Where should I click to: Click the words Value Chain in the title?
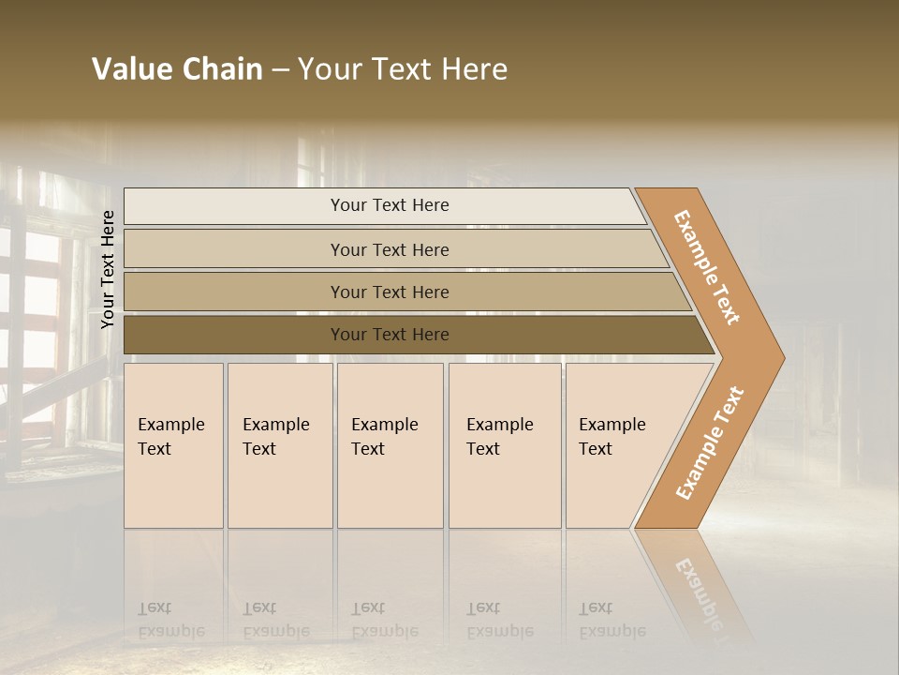(177, 69)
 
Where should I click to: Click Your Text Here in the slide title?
(403, 69)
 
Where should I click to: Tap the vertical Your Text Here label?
(108, 269)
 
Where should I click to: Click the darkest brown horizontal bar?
(234, 335)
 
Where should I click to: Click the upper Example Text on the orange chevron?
(707, 267)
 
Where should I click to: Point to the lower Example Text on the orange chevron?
(710, 442)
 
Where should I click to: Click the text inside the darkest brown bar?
(390, 335)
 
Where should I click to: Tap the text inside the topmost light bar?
(390, 205)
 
